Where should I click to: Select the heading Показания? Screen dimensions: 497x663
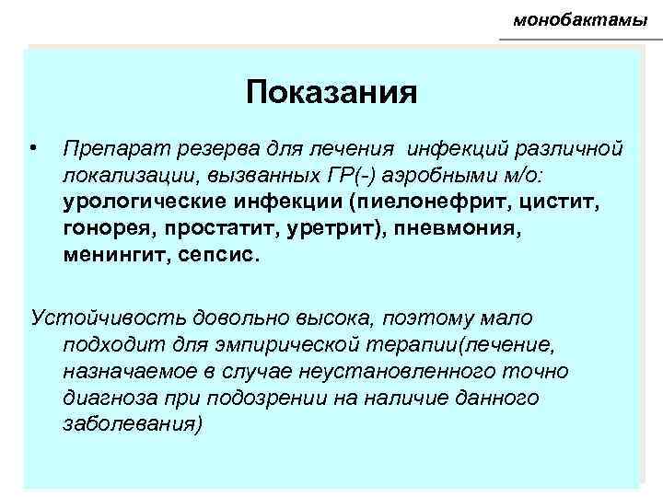pos(331,92)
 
